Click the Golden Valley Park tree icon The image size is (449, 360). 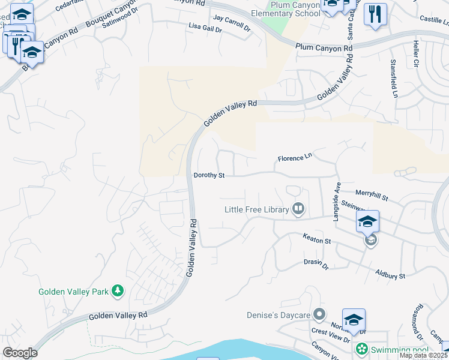pyautogui.click(x=118, y=292)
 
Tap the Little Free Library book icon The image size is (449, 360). pyautogui.click(x=298, y=209)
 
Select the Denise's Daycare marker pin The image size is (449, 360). pyautogui.click(x=320, y=314)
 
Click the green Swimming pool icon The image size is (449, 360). pyautogui.click(x=361, y=349)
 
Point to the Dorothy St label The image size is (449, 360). pyautogui.click(x=209, y=176)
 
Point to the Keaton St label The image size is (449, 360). pyautogui.click(x=317, y=240)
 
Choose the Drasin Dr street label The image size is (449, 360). pyautogui.click(x=316, y=263)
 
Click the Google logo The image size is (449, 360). pyautogui.click(x=20, y=353)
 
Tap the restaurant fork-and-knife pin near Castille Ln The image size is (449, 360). pyautogui.click(x=376, y=14)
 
